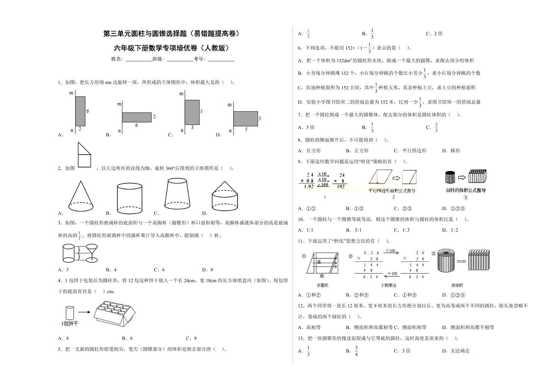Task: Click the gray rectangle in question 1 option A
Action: pos(80,111)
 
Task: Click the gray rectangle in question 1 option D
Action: pos(245,119)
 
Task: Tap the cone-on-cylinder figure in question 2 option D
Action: pos(225,196)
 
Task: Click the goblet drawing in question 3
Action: pos(92,253)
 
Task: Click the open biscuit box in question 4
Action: pos(114,313)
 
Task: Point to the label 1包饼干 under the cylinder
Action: pos(70,323)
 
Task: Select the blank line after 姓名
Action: pos(139,59)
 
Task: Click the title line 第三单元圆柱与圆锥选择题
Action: pos(171,34)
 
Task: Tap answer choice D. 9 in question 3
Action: pos(207,270)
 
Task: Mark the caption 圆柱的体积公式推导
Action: pos(466,190)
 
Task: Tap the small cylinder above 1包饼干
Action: pos(70,313)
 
